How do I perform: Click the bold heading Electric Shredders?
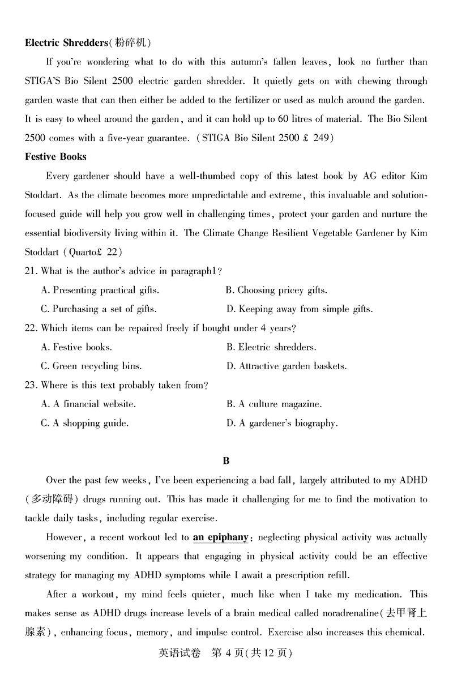pos(66,42)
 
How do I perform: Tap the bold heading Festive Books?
pos(55,156)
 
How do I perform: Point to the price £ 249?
pos(315,138)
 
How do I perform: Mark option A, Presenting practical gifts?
pos(100,290)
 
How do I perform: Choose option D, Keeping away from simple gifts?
pos(300,309)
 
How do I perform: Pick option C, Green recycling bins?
pos(91,366)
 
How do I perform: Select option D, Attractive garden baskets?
pos(287,366)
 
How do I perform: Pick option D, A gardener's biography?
pos(282,423)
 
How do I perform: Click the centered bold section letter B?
pos(226,461)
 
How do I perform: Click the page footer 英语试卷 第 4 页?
pos(226,652)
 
